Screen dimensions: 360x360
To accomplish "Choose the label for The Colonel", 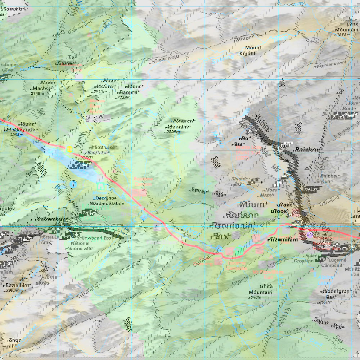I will click(x=66, y=60).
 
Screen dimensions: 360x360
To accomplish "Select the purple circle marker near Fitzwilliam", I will click(x=310, y=235).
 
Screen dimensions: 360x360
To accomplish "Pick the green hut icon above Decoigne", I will click(x=101, y=186).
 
